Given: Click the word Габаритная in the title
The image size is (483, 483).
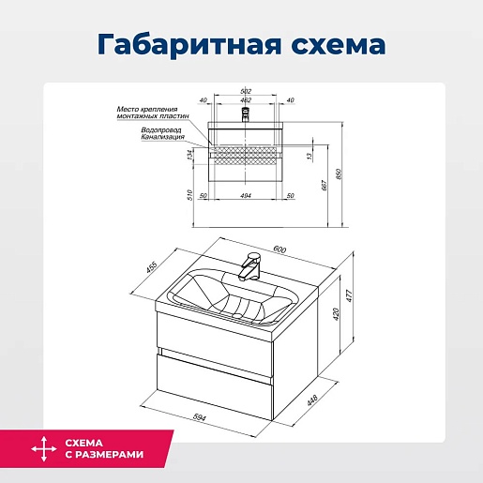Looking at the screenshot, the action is pos(189,44).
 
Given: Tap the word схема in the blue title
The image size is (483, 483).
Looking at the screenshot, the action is pos(339,45).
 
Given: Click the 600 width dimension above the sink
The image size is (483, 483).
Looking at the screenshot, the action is pos(279,249).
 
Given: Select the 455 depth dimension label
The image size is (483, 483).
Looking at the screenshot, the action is pos(151,267).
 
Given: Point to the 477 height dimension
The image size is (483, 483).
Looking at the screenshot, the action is pos(350,296).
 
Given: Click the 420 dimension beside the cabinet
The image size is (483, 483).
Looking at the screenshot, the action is pos(336,314).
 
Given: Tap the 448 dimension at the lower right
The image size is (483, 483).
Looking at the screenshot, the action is pos(312,400).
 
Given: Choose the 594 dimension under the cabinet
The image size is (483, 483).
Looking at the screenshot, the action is pos(200,417).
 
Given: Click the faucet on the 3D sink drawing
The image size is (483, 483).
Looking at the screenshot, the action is pos(249,266).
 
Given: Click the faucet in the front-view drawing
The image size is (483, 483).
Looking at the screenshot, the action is pos(246,114).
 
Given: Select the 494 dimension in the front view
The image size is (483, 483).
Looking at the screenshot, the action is pos(246,196).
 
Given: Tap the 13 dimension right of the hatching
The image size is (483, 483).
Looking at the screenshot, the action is pos(309,156).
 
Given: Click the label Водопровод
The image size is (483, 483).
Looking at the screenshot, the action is pos(161,130).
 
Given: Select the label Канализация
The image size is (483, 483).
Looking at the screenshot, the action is pos(162,137).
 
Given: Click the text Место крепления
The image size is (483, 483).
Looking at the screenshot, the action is pos(147,109).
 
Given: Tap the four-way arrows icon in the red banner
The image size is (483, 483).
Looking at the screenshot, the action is pos(44,449).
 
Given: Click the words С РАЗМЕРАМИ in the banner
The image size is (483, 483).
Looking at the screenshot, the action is pos(104,454).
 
